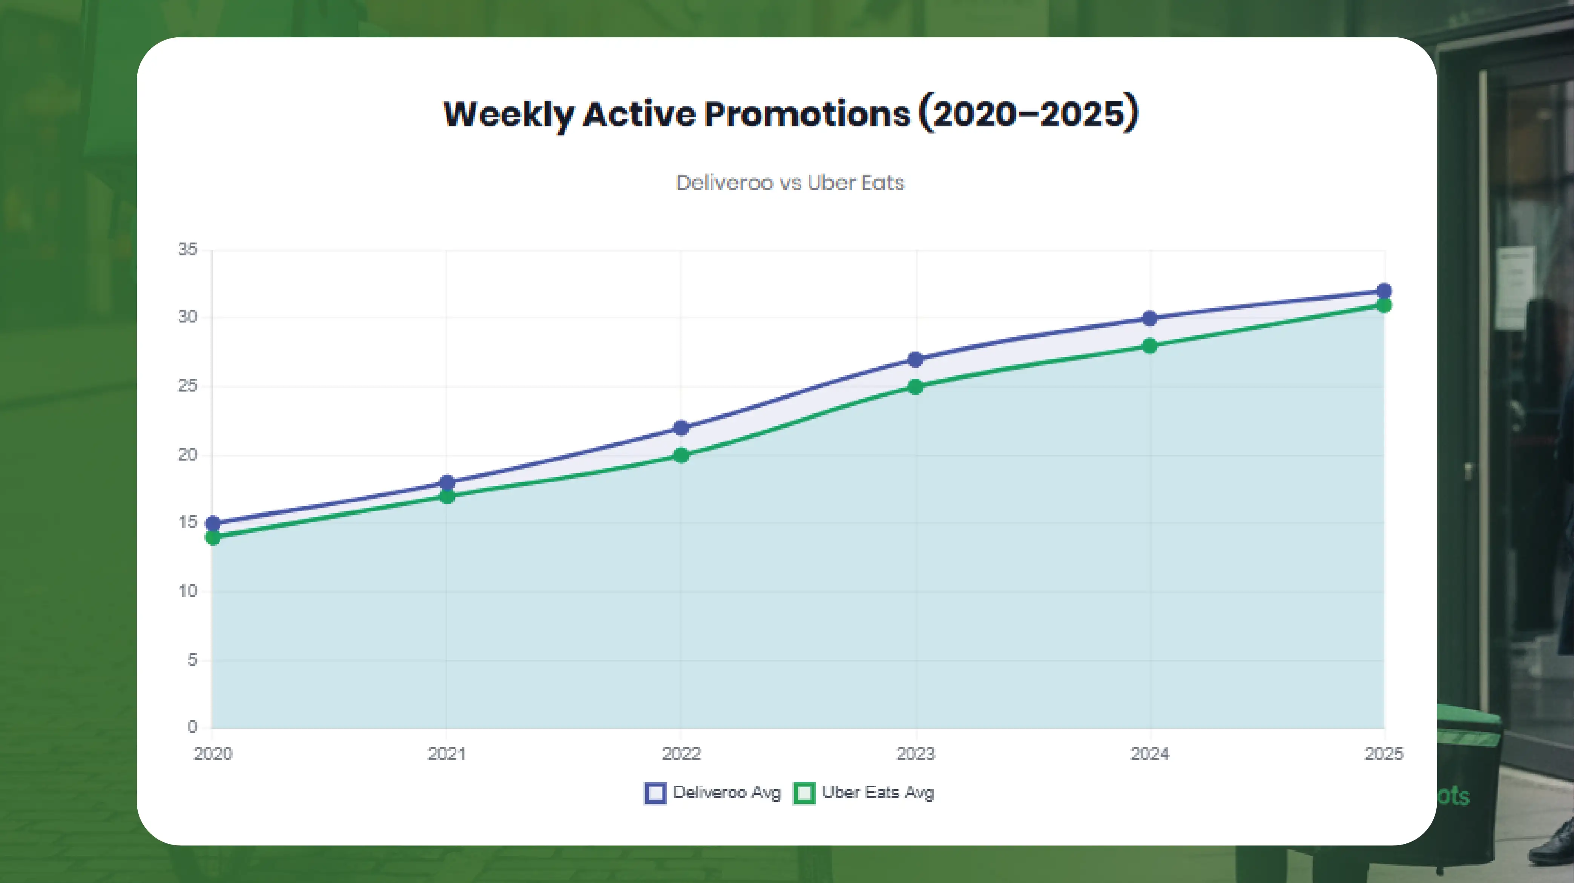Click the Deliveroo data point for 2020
[213, 524]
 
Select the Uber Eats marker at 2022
[681, 455]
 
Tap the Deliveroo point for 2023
[915, 359]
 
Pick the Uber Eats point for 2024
[1149, 346]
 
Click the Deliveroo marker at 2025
[1384, 291]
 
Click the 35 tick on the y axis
[187, 249]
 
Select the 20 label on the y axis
[187, 455]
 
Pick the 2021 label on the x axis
[446, 754]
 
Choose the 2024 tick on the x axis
[1150, 754]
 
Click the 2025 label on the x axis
[1384, 754]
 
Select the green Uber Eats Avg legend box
[804, 793]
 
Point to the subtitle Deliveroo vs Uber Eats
[790, 183]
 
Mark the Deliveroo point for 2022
[681, 428]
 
